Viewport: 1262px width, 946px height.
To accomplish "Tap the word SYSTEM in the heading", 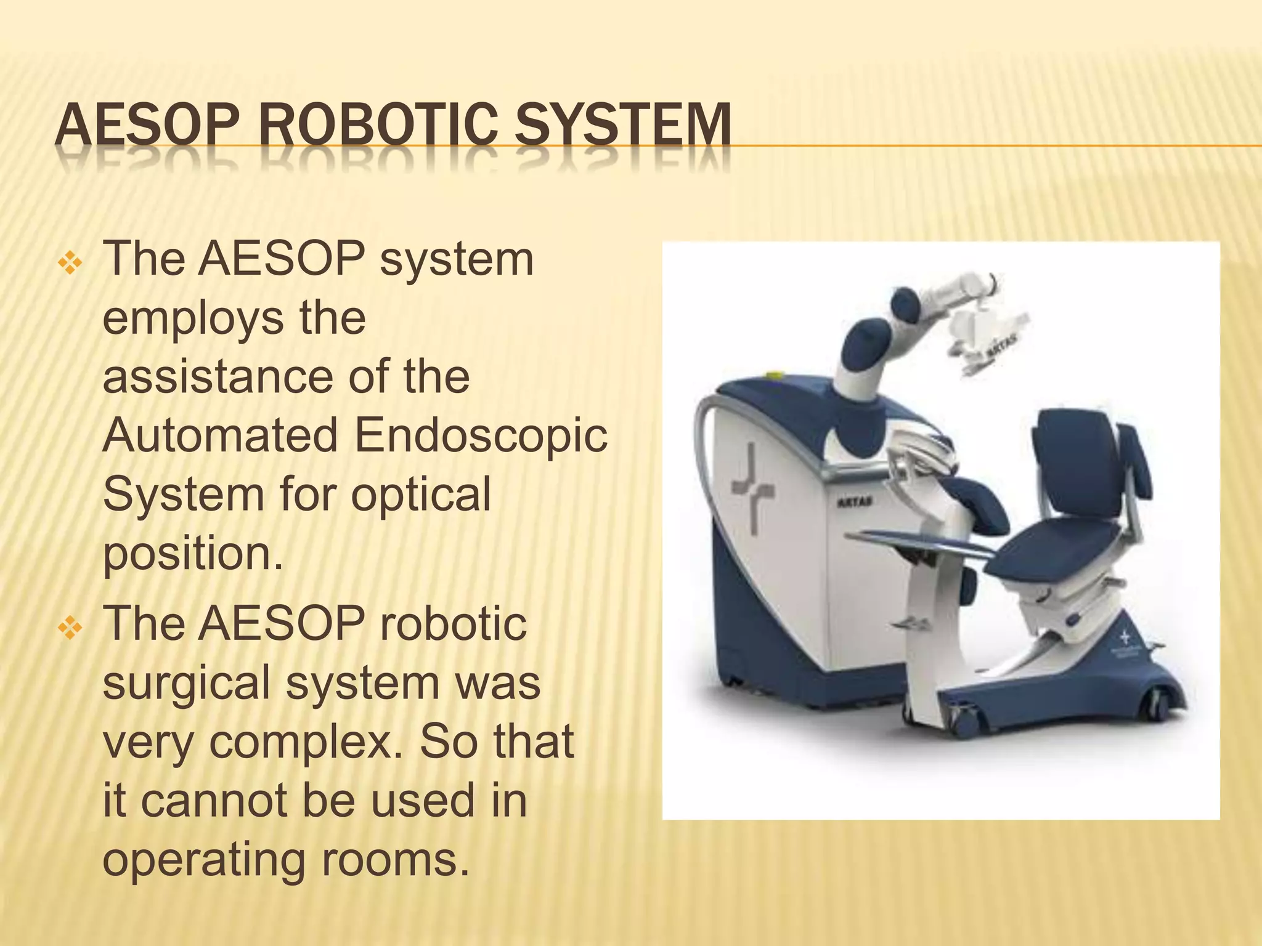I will coord(622,128).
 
